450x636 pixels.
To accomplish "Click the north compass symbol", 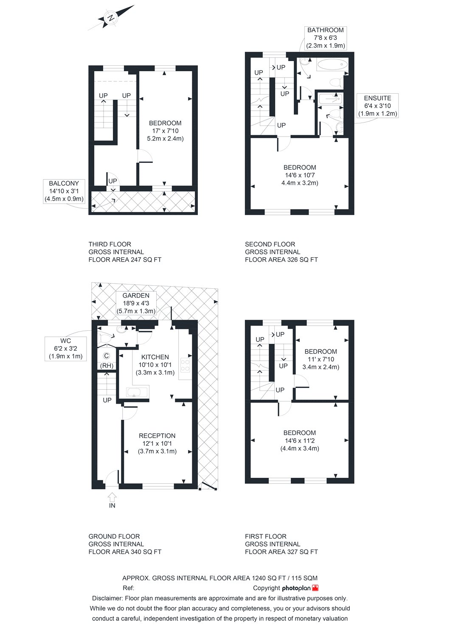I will tap(111, 18).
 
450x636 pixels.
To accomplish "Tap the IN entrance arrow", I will tap(112, 497).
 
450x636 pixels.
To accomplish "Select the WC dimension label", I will tap(66, 349).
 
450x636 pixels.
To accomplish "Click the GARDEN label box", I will tap(136, 303).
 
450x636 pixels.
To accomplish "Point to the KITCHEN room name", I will tap(155, 357).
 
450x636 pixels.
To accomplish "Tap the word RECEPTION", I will tap(157, 435).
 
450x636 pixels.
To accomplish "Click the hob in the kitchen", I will tap(186, 365).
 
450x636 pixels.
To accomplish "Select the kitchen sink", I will tap(137, 392).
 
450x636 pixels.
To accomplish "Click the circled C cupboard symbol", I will tap(107, 355).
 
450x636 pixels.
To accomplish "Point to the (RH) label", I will tap(106, 366).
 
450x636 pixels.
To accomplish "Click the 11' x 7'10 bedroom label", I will tap(321, 359).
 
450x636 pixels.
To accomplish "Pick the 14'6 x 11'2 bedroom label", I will tap(299, 441).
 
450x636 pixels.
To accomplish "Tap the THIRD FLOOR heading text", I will tap(110, 244).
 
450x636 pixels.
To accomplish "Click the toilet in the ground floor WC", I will tap(103, 338).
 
